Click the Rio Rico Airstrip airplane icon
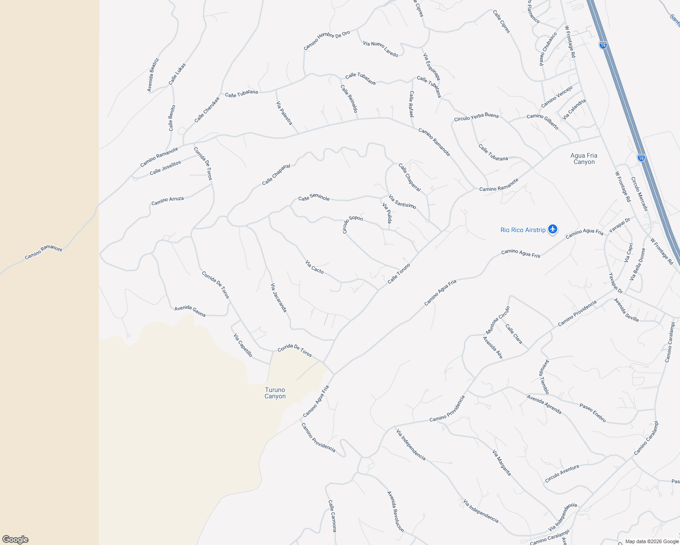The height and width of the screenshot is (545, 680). tap(553, 229)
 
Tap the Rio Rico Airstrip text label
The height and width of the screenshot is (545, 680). tap(523, 230)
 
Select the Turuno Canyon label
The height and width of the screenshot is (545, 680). tap(275, 393)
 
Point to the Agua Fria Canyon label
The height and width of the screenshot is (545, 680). tap(584, 159)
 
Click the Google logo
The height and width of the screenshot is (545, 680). tap(15, 540)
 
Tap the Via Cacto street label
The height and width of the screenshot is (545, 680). tap(315, 267)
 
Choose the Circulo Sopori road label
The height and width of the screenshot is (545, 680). tap(352, 224)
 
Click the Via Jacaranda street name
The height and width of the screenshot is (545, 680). tap(279, 298)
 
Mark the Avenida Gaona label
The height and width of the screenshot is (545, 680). tap(190, 312)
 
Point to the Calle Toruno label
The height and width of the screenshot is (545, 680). tap(399, 273)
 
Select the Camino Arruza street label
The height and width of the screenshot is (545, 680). tap(167, 200)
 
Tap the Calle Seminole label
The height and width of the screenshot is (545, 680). tap(314, 198)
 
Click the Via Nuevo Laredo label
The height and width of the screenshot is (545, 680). tap(380, 49)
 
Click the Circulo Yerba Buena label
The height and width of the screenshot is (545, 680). tap(476, 117)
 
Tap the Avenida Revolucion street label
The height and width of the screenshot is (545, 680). tap(395, 511)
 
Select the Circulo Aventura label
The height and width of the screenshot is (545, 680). tap(562, 474)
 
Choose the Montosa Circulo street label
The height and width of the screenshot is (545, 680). tap(498, 320)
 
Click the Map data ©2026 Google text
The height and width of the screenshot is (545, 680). tap(652, 541)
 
